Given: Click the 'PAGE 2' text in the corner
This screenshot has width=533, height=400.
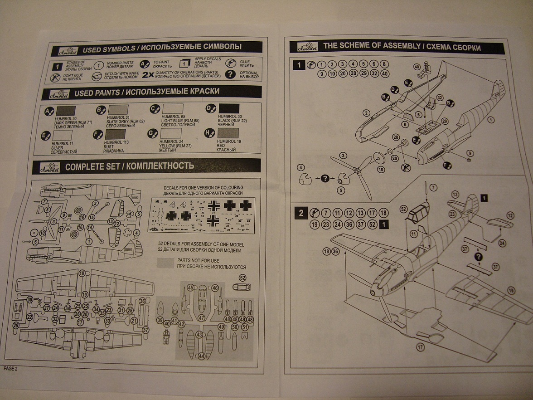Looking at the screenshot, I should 10,368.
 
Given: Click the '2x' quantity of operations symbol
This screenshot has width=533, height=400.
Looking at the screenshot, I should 148,75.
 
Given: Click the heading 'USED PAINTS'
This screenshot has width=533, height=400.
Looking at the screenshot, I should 102,92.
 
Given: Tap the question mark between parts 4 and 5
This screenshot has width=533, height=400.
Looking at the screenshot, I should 324,178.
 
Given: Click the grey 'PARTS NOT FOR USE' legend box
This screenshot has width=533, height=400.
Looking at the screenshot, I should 166,263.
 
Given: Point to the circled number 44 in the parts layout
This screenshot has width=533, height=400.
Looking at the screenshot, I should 201,356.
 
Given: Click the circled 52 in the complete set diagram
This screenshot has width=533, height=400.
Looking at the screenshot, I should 242,278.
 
